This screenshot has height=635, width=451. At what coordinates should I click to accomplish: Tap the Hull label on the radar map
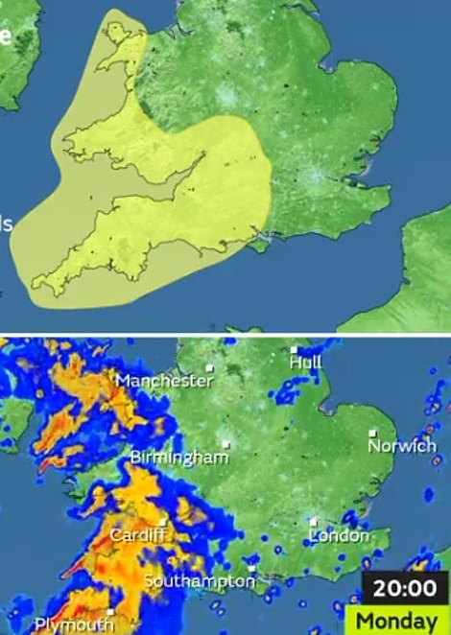coord(306,363)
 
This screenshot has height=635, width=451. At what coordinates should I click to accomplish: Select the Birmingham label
coord(179,457)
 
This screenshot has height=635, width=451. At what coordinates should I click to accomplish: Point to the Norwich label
coord(402,446)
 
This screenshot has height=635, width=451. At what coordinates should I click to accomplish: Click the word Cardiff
coord(138,534)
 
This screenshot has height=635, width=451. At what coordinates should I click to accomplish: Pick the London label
coord(339,535)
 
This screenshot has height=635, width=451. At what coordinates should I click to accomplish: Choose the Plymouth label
coord(73,624)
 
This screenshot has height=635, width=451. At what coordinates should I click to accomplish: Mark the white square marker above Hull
coord(295,349)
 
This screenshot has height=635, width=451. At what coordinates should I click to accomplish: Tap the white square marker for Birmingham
coord(226,444)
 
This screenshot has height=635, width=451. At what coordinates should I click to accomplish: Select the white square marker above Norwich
coord(374,433)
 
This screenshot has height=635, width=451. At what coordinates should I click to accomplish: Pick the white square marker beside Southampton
coord(251,568)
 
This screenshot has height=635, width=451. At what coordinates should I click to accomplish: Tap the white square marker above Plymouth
coord(111,611)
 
